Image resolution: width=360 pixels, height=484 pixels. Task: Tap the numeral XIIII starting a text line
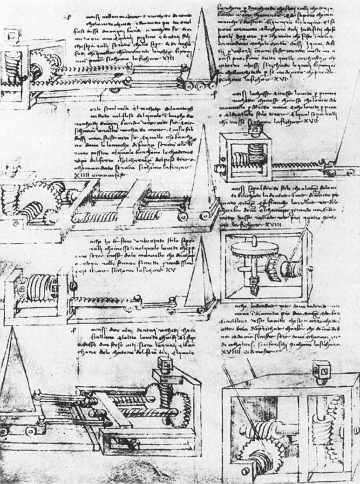(x=81, y=174)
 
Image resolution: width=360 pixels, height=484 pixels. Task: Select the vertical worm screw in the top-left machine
(x=14, y=65)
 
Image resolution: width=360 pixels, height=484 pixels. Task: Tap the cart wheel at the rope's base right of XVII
(x=331, y=173)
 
